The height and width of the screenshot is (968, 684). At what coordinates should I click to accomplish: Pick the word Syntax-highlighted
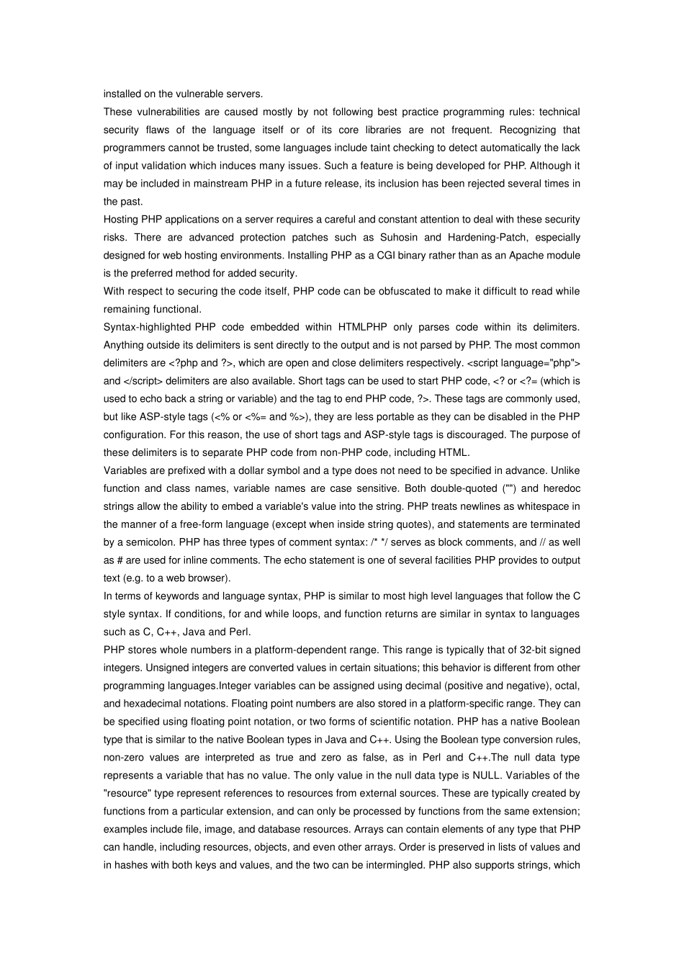click(x=146, y=327)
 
